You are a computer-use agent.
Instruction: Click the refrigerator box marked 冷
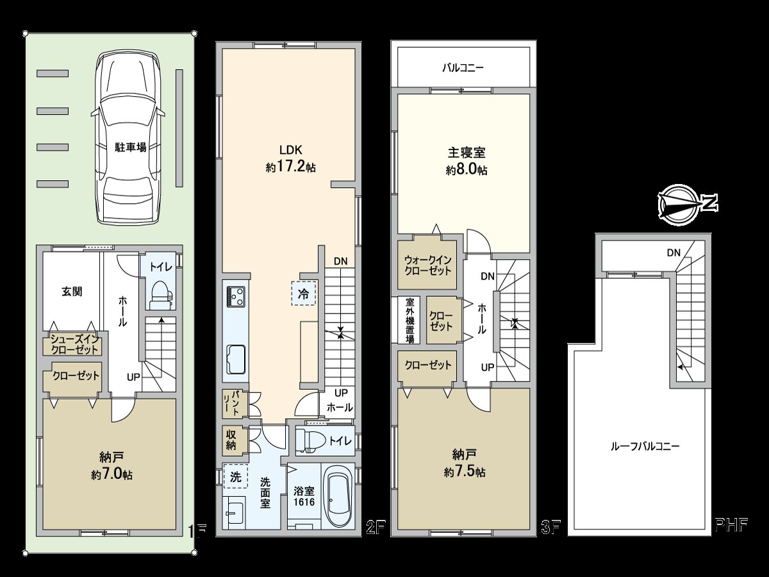pos(304,294)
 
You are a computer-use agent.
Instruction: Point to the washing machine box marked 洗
pos(235,476)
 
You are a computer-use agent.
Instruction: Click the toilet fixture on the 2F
pos(310,442)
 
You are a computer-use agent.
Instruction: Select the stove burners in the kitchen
pos(235,297)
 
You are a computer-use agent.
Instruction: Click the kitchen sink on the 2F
pos(236,357)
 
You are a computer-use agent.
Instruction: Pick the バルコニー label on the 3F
pos(463,67)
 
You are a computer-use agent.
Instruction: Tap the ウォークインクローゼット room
pos(427,265)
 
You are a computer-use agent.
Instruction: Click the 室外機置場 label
pos(409,320)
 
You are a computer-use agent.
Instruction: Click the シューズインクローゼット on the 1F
pos(71,344)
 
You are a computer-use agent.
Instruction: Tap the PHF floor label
pos(732,528)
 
